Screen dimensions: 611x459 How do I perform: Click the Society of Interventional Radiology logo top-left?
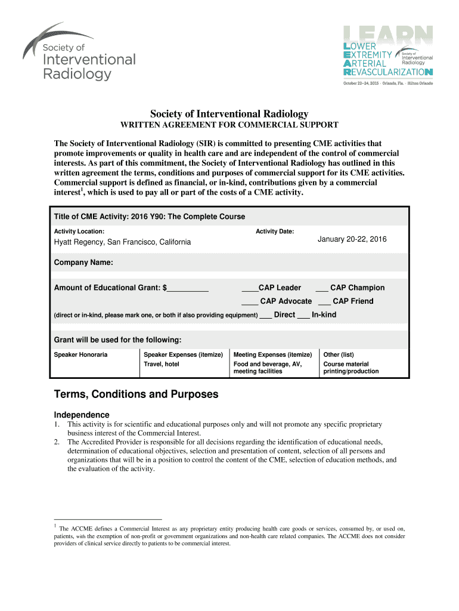pos(79,53)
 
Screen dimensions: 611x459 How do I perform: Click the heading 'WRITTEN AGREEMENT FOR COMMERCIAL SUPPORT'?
pos(229,125)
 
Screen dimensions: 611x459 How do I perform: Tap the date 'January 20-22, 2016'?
pos(352,239)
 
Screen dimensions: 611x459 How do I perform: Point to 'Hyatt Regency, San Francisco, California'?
pos(122,242)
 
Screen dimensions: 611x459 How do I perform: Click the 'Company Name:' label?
pos(83,263)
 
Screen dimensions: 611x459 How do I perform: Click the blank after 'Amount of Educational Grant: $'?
pos(188,288)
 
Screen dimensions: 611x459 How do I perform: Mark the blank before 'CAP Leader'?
pos(249,288)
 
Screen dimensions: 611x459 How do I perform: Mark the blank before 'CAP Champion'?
pos(321,288)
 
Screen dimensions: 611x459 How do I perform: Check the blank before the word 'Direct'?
pos(266,315)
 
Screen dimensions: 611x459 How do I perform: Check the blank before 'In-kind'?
pos(303,315)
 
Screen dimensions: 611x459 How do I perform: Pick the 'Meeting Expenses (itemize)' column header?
pos(272,354)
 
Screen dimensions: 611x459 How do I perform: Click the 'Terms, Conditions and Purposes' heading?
pos(136,394)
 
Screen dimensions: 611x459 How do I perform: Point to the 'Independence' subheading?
pos(82,415)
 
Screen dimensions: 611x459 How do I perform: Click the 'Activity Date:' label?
pos(275,231)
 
